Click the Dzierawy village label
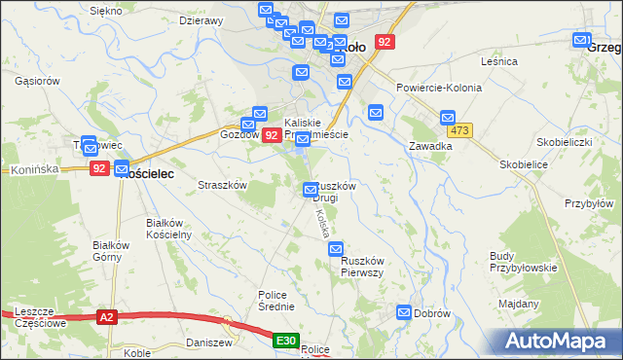point(202,19)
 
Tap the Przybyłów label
point(589,203)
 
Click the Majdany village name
point(518,305)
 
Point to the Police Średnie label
point(275,300)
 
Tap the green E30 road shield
point(285,341)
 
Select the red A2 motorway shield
point(106,316)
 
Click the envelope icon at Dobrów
point(404,311)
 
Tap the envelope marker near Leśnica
point(581,41)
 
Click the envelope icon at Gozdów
point(260,114)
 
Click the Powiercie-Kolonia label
point(439,88)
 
